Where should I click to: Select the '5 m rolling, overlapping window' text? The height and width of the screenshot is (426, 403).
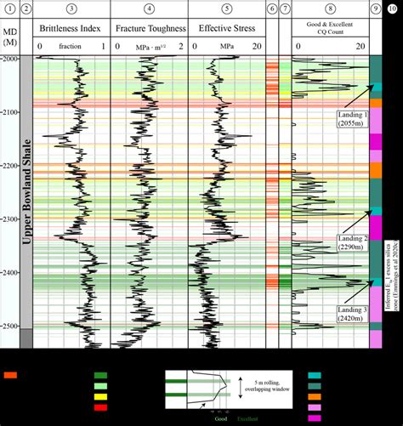click(263, 387)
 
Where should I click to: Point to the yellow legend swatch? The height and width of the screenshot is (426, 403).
click(100, 395)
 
